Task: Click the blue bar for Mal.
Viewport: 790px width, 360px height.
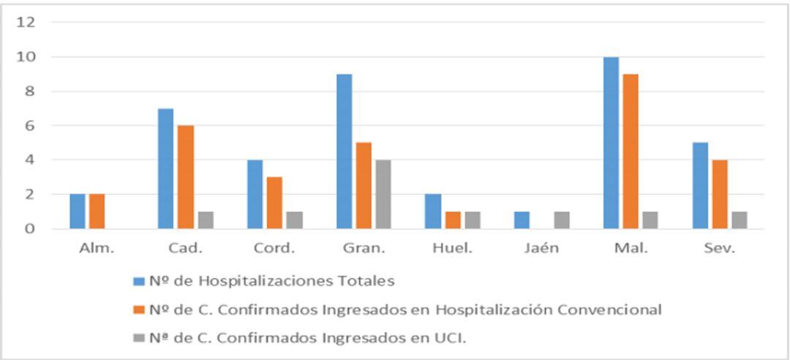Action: pos(611,143)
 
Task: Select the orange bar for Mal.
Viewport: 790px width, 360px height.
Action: pos(630,151)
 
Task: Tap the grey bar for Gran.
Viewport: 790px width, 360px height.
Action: pos(383,195)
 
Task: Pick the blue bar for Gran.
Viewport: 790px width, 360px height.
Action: pos(345,151)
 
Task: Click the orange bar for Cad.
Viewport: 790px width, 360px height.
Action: pos(186,177)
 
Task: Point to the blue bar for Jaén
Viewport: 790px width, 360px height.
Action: pos(522,220)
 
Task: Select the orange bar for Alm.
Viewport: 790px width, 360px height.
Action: pos(97,211)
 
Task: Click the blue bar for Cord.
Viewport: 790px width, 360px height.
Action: pos(255,195)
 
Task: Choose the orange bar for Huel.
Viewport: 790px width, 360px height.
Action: pos(453,220)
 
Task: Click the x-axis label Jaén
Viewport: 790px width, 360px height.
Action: pos(541,248)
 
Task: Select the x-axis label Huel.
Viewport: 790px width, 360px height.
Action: pos(453,248)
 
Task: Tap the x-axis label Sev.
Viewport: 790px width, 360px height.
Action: pos(718,248)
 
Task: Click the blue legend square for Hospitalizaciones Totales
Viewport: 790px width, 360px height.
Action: pos(139,280)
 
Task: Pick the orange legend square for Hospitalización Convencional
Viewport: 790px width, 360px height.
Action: pos(139,310)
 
